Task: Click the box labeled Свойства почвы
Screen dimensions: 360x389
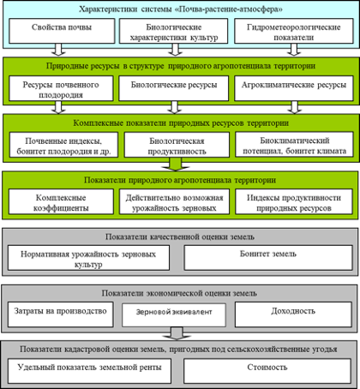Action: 62,31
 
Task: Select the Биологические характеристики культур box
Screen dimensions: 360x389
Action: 173,31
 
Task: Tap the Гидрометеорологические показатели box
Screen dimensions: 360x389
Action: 294,31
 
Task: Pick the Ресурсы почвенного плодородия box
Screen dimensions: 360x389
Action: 61,88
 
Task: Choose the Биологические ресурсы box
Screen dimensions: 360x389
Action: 174,88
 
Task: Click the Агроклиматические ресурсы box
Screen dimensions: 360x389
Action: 294,88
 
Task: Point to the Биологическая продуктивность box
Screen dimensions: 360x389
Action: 177,145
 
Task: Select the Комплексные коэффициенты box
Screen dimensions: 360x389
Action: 61,201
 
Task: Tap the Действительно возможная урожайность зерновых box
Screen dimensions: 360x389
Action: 174,201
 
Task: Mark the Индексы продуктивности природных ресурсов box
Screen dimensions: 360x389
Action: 294,201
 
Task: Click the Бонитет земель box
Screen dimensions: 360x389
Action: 268,258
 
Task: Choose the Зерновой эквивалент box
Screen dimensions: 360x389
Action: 174,315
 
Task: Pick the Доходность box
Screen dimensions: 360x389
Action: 293,314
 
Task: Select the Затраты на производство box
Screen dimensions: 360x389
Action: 60,314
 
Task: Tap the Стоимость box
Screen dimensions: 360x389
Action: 267,371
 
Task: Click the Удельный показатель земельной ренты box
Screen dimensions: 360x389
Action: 89,371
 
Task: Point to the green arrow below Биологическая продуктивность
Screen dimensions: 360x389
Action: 176,165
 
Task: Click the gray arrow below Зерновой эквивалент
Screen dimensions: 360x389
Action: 177,333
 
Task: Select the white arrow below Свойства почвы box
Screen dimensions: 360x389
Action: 58,50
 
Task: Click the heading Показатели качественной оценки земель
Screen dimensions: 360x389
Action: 180,236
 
